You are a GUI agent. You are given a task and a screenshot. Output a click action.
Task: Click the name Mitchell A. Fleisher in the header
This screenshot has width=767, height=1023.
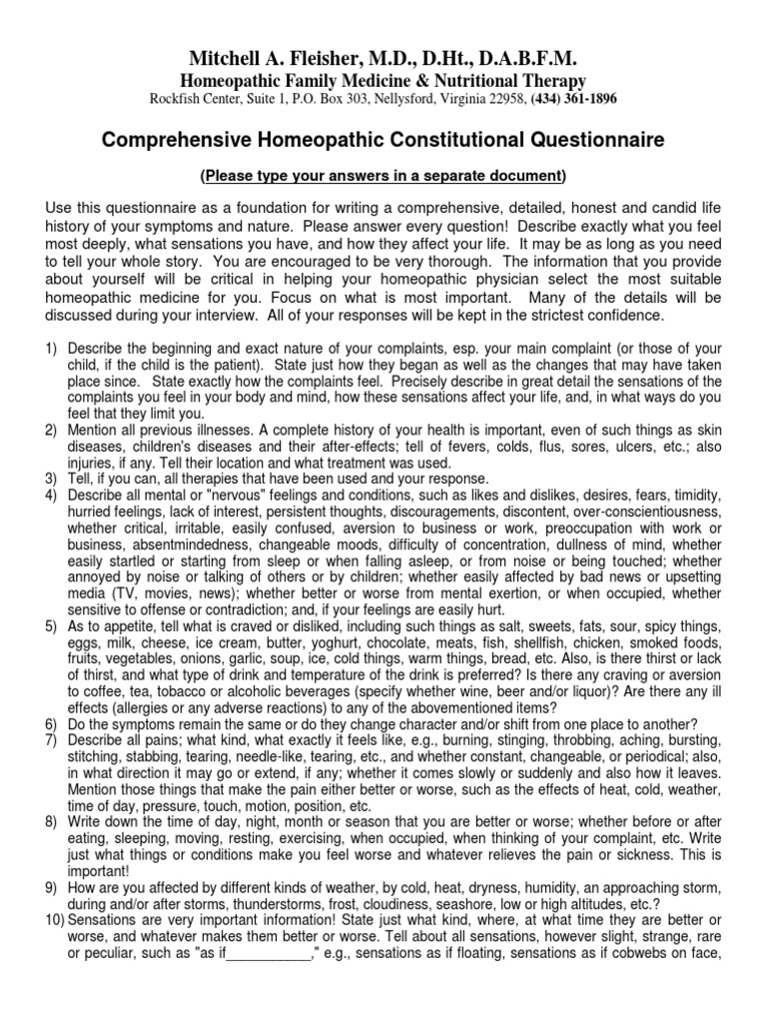258,59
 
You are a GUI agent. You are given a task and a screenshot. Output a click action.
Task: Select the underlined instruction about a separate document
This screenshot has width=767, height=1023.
383,176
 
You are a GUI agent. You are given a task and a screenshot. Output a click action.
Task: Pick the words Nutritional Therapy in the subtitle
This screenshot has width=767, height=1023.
503,80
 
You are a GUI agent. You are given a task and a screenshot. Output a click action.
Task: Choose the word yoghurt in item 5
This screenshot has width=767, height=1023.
320,646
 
